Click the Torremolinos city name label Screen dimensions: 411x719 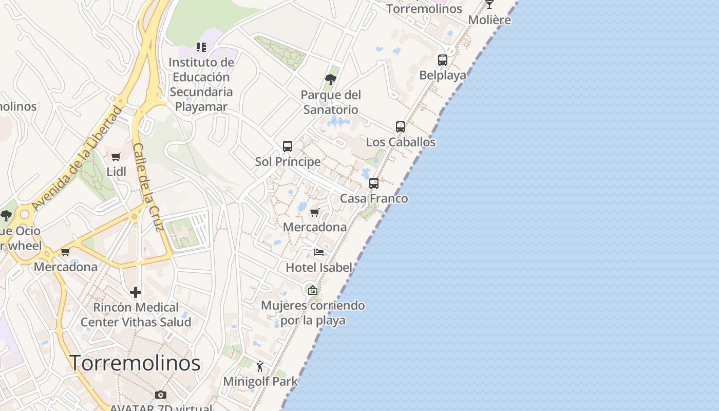pos(135,363)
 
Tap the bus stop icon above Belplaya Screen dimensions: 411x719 pos(443,60)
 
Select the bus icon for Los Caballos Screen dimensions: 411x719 pos(401,126)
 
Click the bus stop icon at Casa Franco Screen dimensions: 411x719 pos(374,183)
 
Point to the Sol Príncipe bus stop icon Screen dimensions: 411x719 pos(288,146)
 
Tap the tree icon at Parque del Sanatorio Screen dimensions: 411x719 pos(331,79)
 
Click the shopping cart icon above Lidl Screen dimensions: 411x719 pos(116,157)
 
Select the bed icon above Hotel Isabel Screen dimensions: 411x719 pos(319,252)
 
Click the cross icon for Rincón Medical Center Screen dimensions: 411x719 pos(136,292)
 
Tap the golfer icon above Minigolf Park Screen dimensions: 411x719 pos(260,366)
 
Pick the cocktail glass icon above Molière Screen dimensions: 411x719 pos(489,4)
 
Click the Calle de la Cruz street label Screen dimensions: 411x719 pos(148,187)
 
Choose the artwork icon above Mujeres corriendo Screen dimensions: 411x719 pos(312,290)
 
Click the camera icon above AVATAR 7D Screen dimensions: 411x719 pos(161,395)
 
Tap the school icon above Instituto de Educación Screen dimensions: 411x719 pos(201,47)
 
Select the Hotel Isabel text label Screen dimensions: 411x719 pos(319,267)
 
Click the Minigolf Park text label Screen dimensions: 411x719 pos(260,382)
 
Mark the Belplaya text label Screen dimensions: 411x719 pos(443,75)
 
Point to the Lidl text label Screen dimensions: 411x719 pos(117,172)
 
